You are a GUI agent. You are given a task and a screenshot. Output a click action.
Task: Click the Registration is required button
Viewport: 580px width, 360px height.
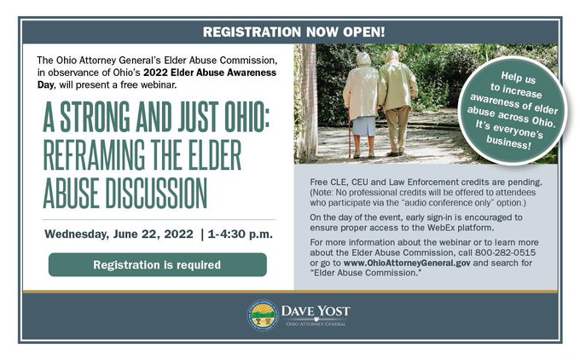(157, 264)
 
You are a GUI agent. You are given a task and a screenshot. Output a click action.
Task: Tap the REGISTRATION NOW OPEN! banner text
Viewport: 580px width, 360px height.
(293, 32)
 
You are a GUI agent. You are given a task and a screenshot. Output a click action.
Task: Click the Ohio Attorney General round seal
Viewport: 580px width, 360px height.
(262, 315)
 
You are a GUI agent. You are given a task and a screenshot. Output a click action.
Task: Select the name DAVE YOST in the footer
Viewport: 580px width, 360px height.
(316, 311)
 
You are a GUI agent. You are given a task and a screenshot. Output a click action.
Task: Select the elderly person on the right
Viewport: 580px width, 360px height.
(397, 98)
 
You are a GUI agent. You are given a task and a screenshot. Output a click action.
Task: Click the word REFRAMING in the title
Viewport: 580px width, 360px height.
(100, 156)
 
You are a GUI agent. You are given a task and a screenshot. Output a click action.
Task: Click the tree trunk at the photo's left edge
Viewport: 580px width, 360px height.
(304, 102)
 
